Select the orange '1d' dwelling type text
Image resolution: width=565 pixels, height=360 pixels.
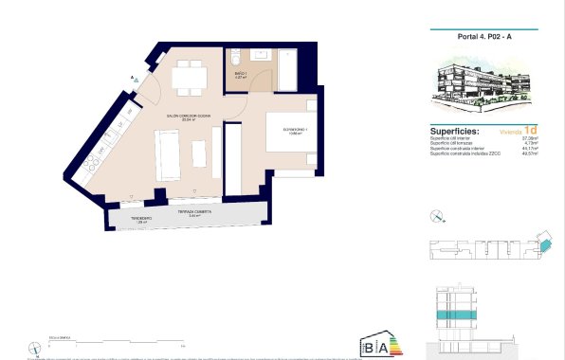point(532,131)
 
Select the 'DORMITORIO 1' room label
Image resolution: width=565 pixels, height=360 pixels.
point(282,129)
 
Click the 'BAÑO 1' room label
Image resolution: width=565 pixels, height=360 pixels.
point(240,72)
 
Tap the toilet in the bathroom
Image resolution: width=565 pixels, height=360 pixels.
point(237,59)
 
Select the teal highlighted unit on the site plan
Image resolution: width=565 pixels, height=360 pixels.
point(544,245)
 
